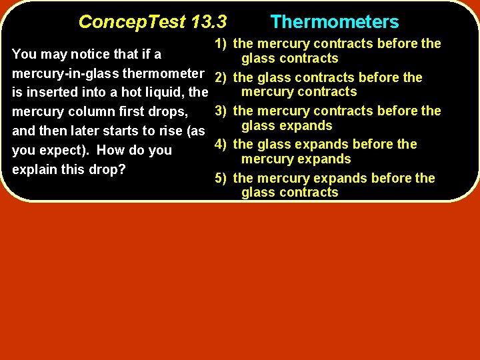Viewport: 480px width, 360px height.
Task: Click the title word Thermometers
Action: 335,22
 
